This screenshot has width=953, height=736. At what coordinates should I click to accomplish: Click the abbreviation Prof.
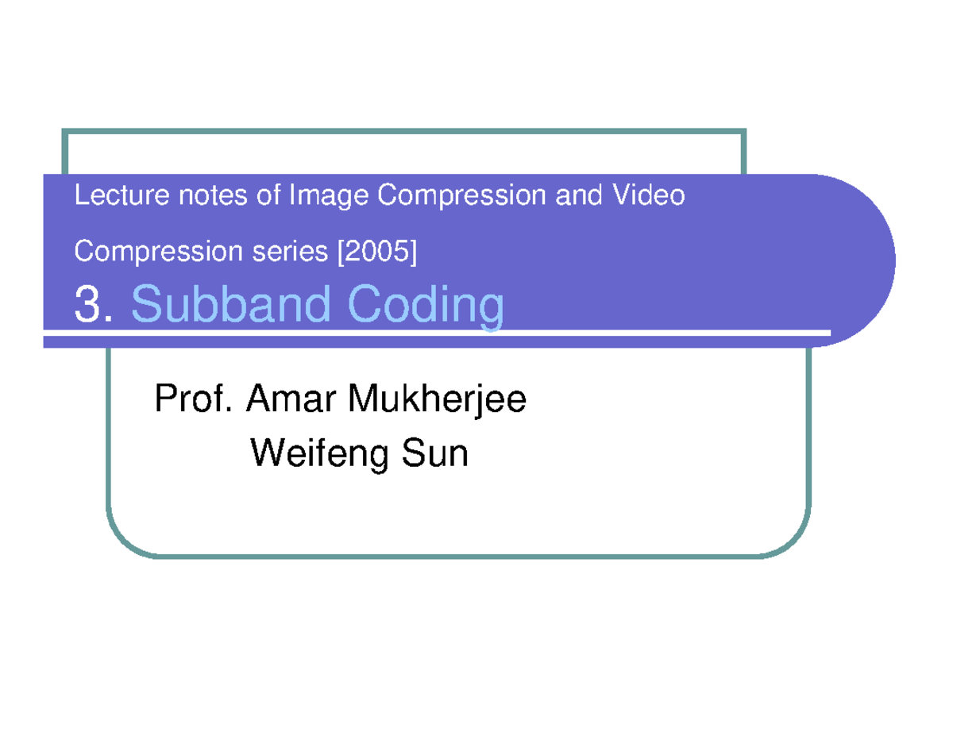click(x=193, y=399)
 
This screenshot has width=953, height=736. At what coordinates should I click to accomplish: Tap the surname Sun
click(x=436, y=454)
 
